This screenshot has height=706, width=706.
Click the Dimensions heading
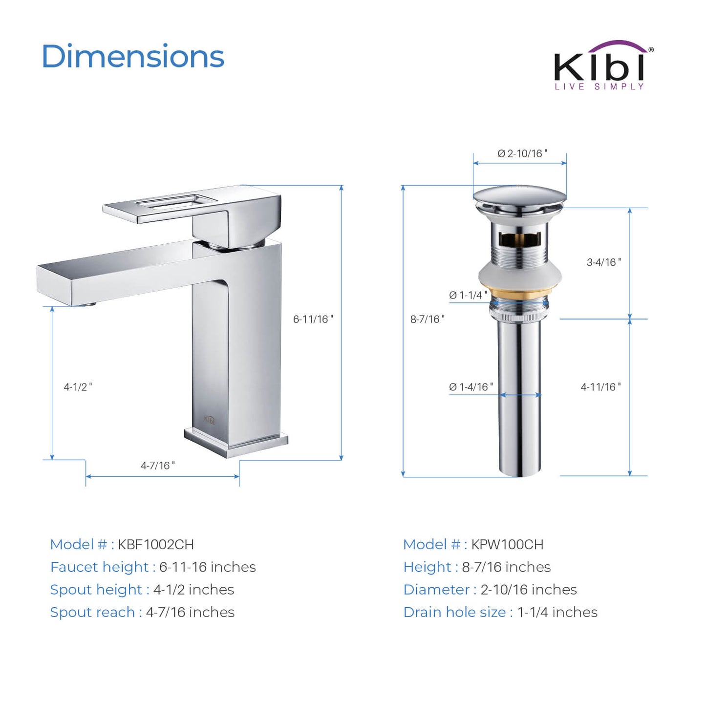coord(133,56)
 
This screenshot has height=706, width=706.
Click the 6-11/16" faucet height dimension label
coord(313,319)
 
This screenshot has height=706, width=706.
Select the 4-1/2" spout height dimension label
coord(78,387)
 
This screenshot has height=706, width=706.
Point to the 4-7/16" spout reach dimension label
coord(158,465)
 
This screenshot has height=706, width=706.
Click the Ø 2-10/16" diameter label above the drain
coord(522,153)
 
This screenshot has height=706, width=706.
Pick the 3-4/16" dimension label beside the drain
coord(604,262)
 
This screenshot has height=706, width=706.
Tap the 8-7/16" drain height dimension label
coord(427,319)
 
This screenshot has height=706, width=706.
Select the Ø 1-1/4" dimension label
coord(468,295)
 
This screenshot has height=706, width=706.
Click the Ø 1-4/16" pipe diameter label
coord(471,387)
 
